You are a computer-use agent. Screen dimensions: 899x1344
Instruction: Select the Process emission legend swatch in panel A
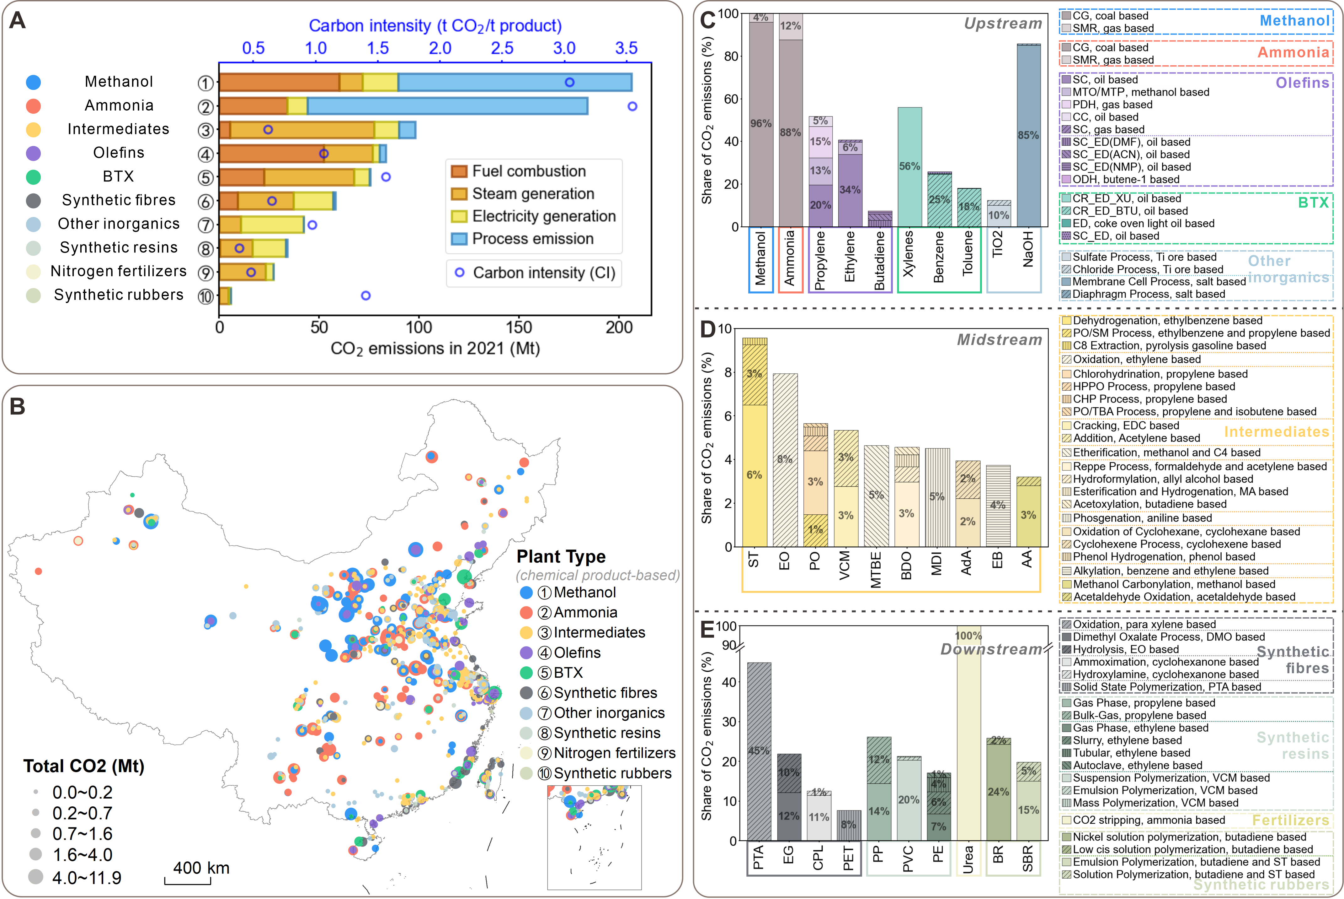click(x=459, y=239)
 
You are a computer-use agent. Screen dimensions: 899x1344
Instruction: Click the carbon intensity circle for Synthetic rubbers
click(x=365, y=295)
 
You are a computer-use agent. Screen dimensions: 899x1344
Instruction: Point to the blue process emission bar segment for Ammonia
click(x=447, y=106)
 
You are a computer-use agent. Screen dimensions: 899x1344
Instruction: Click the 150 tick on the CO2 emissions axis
click(x=519, y=328)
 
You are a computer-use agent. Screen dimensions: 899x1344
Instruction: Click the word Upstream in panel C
click(x=1003, y=24)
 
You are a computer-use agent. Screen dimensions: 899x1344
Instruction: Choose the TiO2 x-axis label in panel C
click(x=997, y=244)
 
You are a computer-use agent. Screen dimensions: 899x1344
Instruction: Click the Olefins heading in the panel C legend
click(x=1302, y=83)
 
